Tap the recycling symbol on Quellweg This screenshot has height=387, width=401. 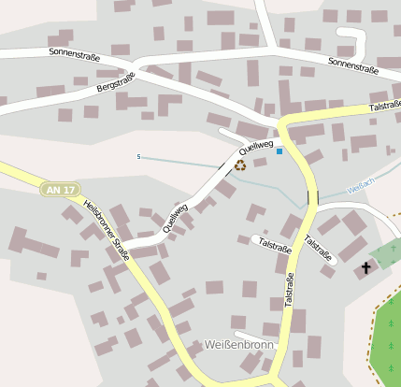pyautogui.click(x=240, y=165)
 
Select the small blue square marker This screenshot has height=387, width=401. pyautogui.click(x=279, y=150)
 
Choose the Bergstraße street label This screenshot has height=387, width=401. pyautogui.click(x=116, y=87)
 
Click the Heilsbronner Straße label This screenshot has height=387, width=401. pyautogui.click(x=106, y=229)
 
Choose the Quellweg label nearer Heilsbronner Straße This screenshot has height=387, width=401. pyautogui.click(x=175, y=217)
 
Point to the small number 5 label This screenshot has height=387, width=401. pyautogui.click(x=138, y=157)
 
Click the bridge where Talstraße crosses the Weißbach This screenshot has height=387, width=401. pyautogui.click(x=311, y=198)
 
